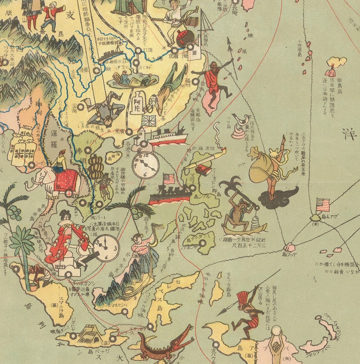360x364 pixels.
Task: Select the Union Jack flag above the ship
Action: pyautogui.click(x=148, y=122)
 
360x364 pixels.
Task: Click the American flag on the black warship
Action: pyautogui.click(x=169, y=178)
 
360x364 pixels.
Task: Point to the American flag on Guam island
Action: pyautogui.click(x=323, y=205)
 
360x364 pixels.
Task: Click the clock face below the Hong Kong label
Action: pyautogui.click(x=145, y=165)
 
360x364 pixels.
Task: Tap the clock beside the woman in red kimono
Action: pyautogui.click(x=107, y=248)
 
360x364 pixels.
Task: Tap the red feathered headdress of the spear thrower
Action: pyautogui.click(x=244, y=297)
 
